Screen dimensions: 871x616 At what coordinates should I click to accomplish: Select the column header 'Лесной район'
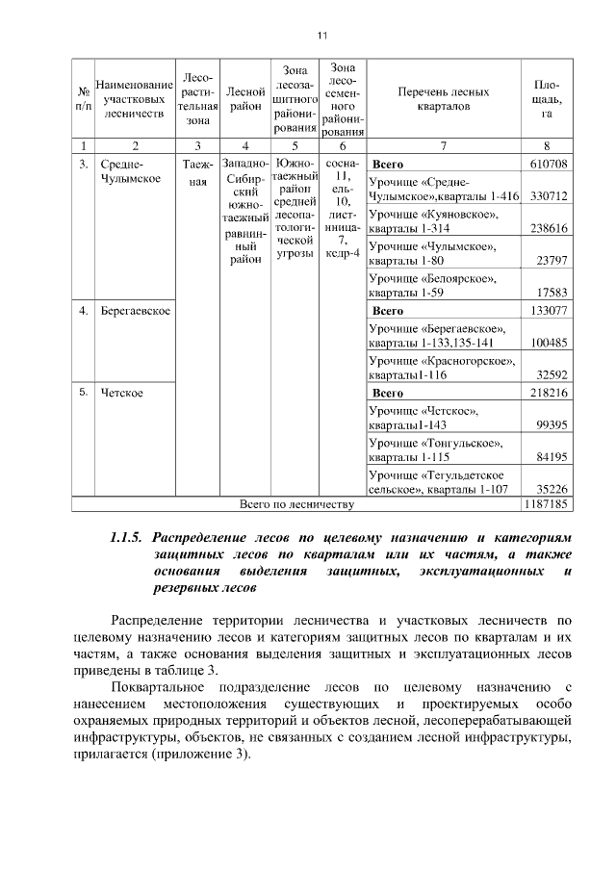pos(245,99)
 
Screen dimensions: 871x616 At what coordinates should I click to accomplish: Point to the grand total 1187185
pos(546,503)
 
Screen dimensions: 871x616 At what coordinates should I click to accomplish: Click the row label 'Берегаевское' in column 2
pos(136,311)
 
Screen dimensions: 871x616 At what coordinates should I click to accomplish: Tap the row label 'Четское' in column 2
pos(122,393)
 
